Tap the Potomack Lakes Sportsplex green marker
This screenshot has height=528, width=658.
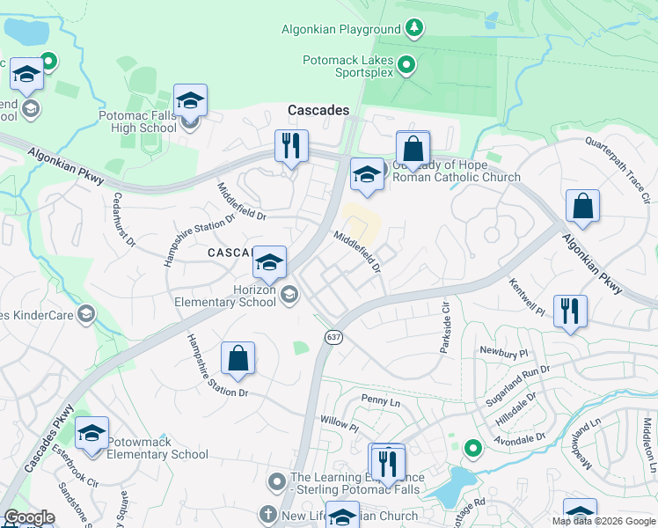point(406,64)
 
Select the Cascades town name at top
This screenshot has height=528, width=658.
point(318,111)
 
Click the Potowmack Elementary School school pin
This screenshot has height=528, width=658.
point(91,433)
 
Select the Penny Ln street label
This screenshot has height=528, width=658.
point(381,400)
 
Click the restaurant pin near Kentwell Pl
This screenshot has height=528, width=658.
point(570,311)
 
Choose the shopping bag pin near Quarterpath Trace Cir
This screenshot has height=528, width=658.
point(582,207)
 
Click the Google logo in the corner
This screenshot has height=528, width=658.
point(29,517)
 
